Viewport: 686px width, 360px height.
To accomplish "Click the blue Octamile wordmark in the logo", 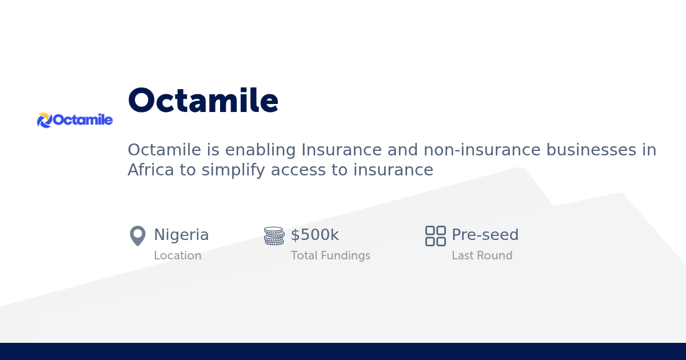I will (82, 120).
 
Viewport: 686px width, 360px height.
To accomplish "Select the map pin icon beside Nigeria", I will (138, 236).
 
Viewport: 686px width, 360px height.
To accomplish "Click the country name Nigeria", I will (181, 235).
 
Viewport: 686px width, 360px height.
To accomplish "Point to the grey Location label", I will (177, 255).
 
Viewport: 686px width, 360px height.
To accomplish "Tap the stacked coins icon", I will (274, 236).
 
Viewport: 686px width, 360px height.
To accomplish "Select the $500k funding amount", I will (314, 235).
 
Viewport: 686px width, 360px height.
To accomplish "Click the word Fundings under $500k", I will (347, 255).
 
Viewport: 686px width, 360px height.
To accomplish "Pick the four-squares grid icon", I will (436, 236).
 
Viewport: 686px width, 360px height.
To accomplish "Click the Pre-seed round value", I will (485, 235).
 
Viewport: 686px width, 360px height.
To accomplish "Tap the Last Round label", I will (482, 255).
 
